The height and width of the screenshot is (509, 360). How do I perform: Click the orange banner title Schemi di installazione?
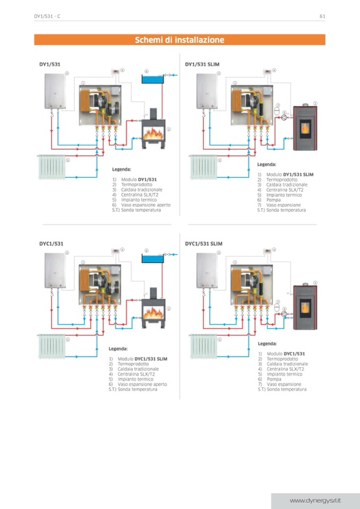point(179,40)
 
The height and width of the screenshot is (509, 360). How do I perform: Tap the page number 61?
point(322,16)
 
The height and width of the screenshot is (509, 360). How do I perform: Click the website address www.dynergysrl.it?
point(315,501)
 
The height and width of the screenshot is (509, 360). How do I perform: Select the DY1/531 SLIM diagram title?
point(202,64)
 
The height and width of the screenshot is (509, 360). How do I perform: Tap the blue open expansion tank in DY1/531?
point(151,80)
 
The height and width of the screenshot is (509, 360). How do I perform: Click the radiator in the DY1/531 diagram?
point(51,167)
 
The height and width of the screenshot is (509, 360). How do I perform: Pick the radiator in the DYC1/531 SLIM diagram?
point(203,347)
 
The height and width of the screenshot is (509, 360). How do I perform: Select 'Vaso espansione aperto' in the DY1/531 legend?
point(143,205)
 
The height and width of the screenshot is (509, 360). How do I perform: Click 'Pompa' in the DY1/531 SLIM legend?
point(273,200)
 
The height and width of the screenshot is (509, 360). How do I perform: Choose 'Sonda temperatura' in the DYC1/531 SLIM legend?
point(287,390)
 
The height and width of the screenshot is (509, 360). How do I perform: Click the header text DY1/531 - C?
point(47,16)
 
